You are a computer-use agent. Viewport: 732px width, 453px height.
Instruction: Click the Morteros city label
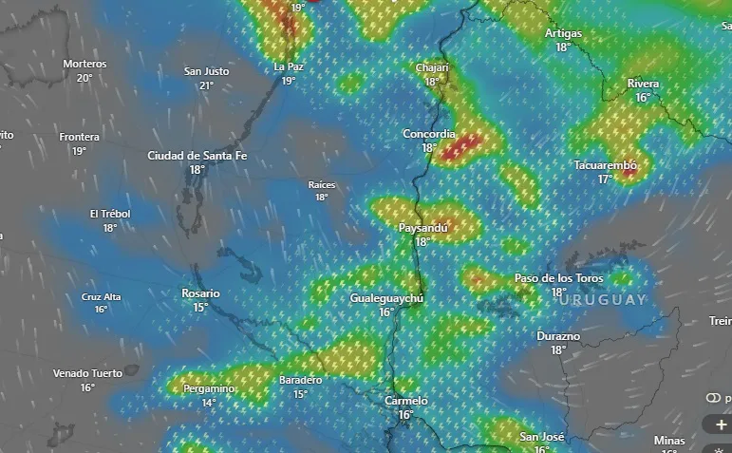tap(84, 64)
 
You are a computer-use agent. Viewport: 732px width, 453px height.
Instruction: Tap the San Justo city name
tap(206, 71)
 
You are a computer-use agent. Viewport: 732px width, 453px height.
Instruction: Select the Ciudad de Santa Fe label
tap(197, 156)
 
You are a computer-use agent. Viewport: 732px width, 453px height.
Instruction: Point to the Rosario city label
tap(200, 293)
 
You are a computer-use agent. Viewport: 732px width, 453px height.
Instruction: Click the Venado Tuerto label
tap(87, 373)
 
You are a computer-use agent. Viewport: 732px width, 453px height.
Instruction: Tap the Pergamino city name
tap(210, 389)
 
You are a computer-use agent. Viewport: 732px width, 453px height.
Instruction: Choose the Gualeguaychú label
tap(386, 298)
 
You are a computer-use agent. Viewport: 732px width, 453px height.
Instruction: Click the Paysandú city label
tap(423, 228)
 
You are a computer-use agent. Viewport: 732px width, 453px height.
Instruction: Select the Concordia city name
tap(429, 134)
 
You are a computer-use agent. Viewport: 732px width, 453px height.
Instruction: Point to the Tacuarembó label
tap(605, 165)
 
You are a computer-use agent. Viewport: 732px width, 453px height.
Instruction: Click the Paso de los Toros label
tap(558, 278)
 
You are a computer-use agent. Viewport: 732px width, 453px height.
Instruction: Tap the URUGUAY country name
tap(603, 299)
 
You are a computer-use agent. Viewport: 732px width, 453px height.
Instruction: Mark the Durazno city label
tap(558, 336)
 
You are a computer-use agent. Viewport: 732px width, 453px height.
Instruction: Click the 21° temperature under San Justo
tap(206, 85)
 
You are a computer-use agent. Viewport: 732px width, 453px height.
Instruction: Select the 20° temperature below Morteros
tap(84, 78)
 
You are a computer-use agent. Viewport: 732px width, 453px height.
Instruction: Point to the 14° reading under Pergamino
tap(209, 403)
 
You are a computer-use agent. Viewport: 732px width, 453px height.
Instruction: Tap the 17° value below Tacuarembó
tap(605, 179)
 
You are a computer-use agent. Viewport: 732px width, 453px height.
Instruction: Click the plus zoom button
tap(721, 425)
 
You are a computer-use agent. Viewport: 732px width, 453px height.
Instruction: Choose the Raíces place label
tap(322, 184)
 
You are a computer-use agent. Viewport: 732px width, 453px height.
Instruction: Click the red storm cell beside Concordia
tap(463, 145)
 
